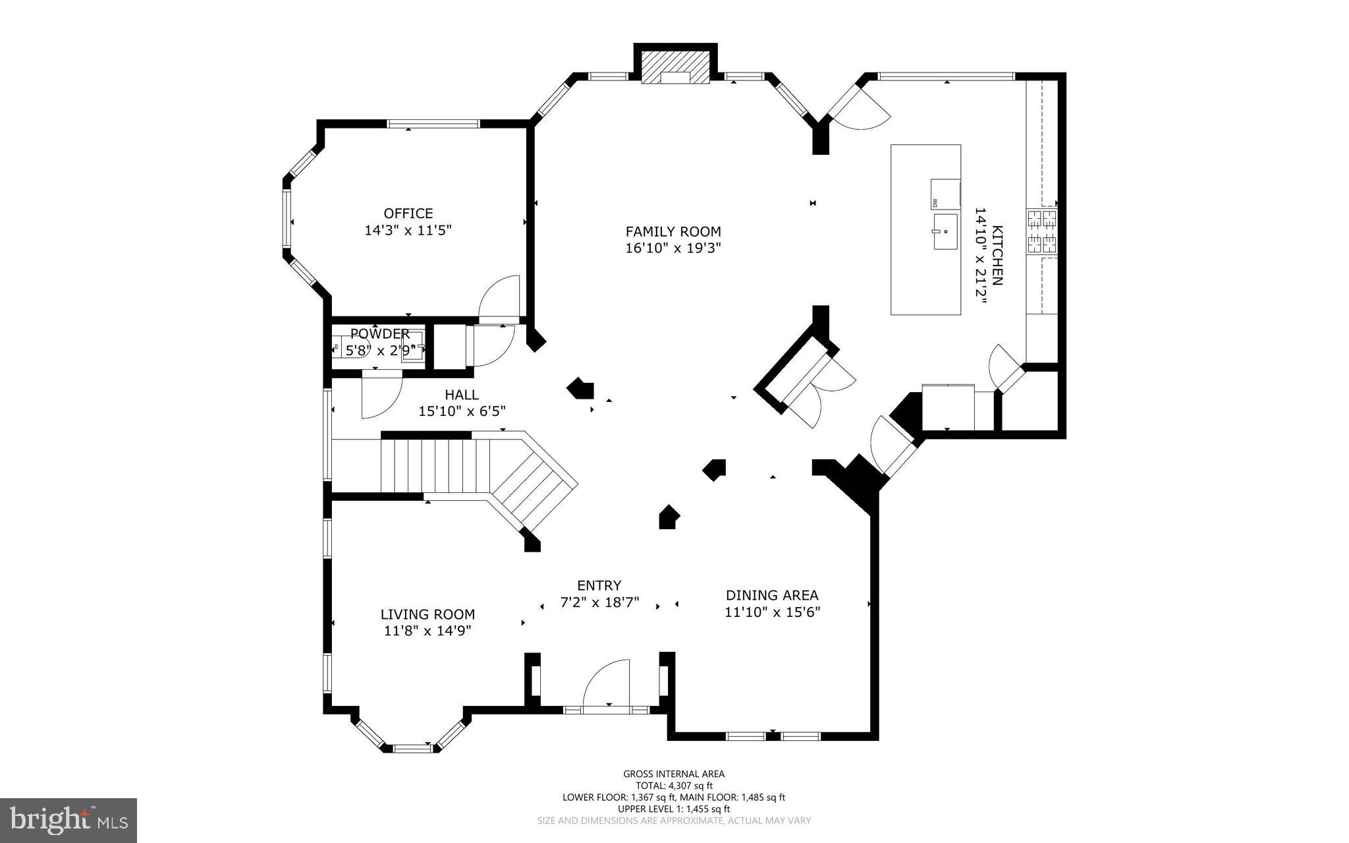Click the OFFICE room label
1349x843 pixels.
408,214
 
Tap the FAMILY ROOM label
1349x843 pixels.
673,231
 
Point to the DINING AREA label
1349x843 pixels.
772,595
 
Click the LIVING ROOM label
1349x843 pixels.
427,614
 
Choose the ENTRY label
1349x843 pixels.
599,585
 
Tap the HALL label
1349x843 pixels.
462,395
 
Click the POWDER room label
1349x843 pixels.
380,334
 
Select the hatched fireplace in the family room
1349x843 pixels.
675,69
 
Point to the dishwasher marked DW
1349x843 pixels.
945,194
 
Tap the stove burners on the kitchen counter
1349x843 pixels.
1041,232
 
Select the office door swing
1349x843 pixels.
499,299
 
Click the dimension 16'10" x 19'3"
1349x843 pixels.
673,248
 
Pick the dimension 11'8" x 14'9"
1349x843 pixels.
427,631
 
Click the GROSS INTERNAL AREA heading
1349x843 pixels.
674,774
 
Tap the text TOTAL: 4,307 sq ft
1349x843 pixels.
674,786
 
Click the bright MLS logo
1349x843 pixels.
69,821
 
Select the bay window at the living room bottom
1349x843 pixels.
410,742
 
